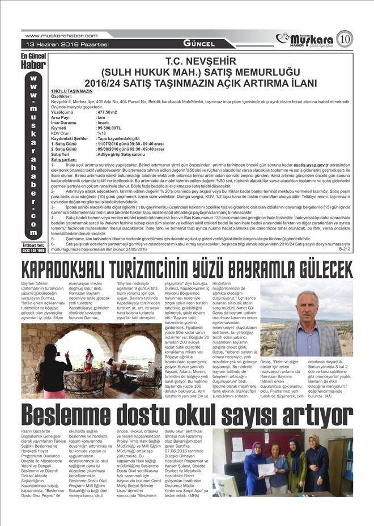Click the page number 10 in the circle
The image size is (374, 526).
(345, 39)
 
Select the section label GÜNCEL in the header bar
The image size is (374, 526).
(199, 44)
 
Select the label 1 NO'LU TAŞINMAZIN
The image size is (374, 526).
(71, 91)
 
